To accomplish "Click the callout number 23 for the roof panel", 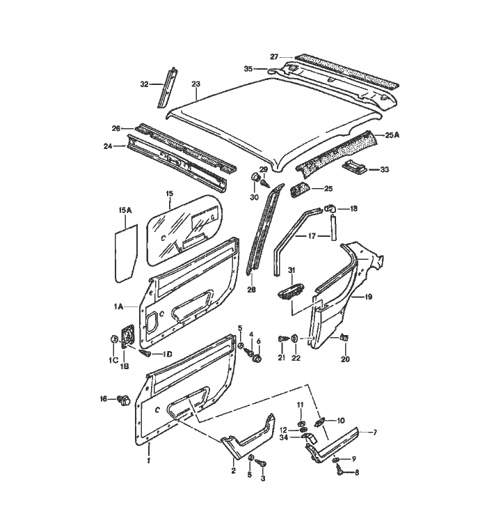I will (196, 84).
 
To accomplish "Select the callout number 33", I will (385, 169).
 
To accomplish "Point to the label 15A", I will (125, 209).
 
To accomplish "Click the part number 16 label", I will (104, 399).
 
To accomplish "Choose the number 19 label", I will (368, 297).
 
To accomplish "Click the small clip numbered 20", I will (343, 339).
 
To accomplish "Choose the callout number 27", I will (274, 56).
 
